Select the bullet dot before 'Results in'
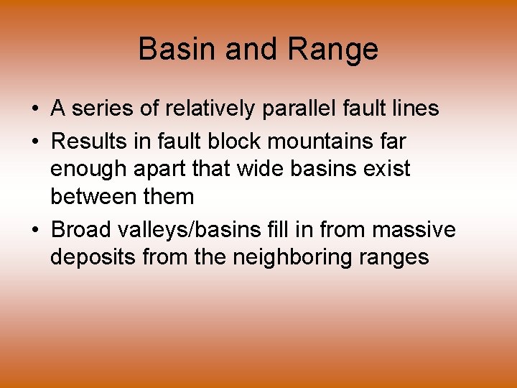[x=34, y=140]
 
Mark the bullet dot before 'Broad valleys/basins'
[x=34, y=231]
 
